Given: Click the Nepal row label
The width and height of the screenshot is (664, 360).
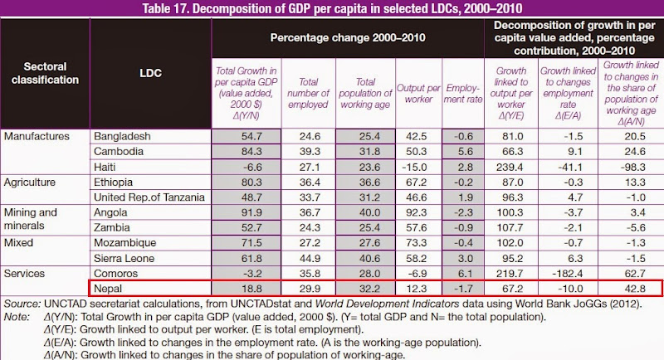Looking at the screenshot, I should [x=108, y=289].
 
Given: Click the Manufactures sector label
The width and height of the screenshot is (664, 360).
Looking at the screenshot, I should [x=36, y=136].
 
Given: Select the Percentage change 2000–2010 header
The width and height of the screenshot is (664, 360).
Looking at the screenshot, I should [x=348, y=38].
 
